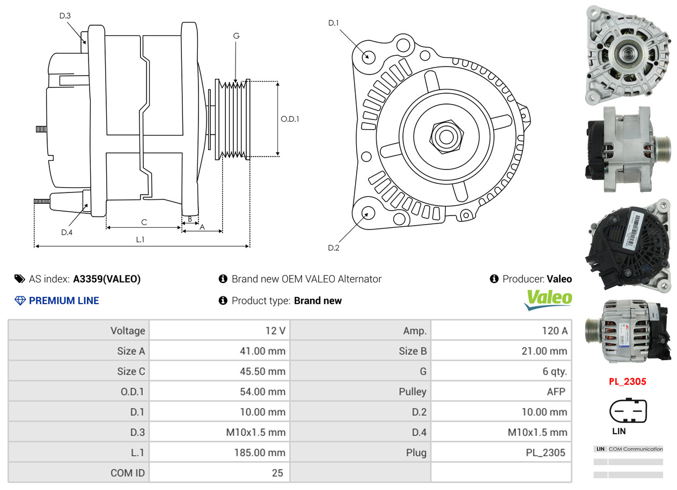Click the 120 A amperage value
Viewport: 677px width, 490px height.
click(555, 331)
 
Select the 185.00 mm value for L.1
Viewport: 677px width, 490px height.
click(260, 453)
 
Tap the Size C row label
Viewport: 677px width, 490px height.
click(131, 372)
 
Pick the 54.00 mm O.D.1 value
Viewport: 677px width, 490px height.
click(263, 392)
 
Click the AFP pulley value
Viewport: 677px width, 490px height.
click(556, 392)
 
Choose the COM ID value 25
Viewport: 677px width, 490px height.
click(277, 473)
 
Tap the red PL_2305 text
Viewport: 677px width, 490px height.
click(628, 382)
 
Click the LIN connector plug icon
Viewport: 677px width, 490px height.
click(628, 411)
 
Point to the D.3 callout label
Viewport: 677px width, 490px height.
click(65, 16)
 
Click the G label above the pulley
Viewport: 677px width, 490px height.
click(237, 36)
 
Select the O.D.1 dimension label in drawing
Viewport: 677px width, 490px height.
click(290, 119)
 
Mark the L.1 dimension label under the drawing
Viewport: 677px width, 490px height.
click(140, 240)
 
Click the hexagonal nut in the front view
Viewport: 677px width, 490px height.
click(446, 137)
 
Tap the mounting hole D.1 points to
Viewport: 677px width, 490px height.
click(369, 57)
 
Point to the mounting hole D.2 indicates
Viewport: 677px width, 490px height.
click(368, 213)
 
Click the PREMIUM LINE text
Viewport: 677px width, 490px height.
click(64, 301)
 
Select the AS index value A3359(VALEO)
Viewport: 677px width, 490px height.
click(107, 279)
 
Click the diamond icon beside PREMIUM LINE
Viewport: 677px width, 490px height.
click(20, 301)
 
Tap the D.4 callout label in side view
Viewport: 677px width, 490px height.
click(67, 232)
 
